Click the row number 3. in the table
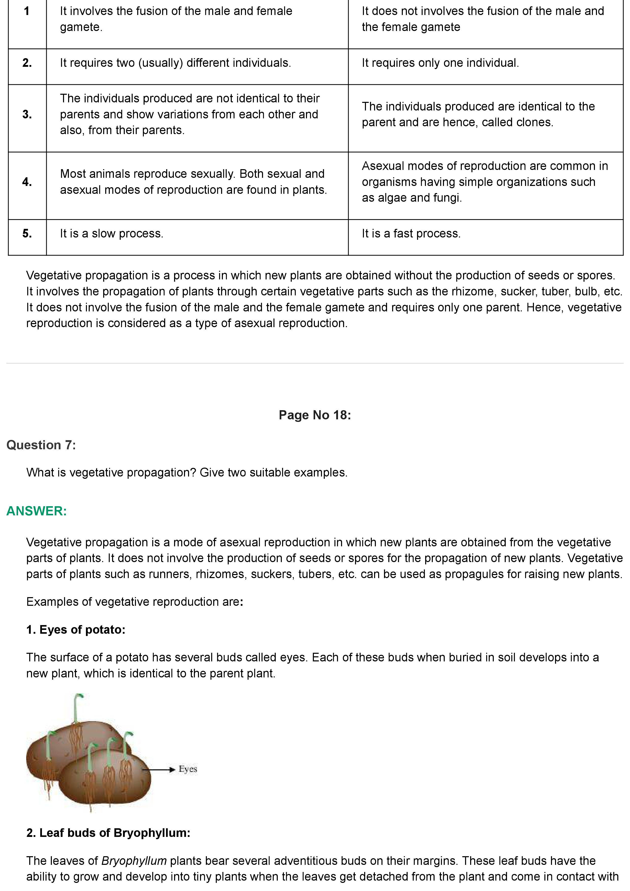coord(27,115)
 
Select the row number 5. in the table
coord(27,234)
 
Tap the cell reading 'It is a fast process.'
coord(411,234)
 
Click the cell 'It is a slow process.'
coord(111,234)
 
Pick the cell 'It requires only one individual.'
coord(440,63)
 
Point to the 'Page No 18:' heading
coord(314,415)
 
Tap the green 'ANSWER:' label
coord(37,511)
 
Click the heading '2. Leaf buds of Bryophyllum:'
coord(108,833)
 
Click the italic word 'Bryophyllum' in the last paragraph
coord(134,861)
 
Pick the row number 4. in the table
coord(27,182)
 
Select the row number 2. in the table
coord(27,63)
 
